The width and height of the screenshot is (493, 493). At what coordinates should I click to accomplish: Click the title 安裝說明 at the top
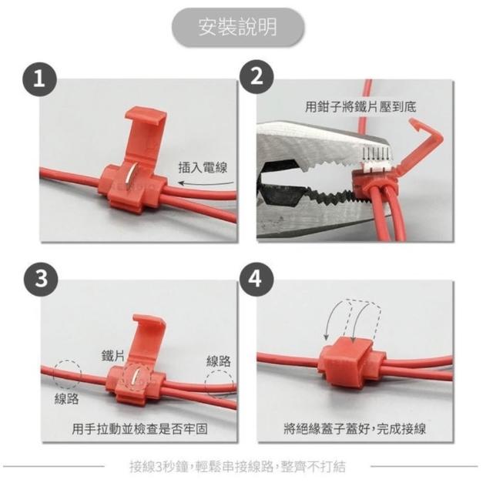238,27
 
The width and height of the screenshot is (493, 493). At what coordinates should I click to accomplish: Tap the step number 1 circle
39,79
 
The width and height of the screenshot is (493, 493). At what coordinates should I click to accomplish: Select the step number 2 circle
257,76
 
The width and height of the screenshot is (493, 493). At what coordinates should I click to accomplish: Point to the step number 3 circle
41,279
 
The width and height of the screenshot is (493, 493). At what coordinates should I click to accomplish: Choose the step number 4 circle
257,279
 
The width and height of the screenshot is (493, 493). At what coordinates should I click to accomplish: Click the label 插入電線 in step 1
203,168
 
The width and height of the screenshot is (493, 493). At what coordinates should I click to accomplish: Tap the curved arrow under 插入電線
206,183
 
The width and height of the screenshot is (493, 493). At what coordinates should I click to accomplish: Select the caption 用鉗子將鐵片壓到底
361,107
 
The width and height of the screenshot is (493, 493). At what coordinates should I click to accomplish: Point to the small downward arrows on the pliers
376,153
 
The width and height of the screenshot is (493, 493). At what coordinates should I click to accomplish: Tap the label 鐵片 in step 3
113,355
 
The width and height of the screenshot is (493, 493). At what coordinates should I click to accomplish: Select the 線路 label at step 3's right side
219,361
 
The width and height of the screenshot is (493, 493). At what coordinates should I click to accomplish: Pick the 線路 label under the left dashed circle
66,399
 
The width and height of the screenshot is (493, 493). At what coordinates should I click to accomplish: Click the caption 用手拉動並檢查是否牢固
139,429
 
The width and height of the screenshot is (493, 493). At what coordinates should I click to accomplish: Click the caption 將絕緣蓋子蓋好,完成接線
354,429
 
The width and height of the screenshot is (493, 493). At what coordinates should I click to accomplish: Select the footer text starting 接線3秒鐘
238,467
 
